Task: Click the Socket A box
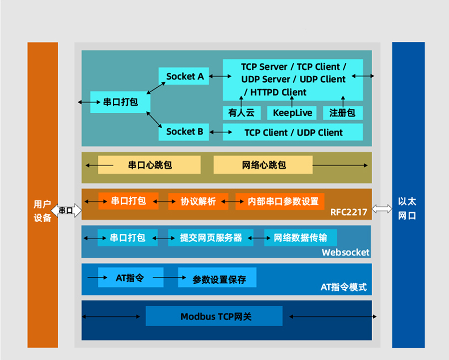185,76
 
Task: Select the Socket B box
184,132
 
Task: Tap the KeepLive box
292,113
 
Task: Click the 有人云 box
241,113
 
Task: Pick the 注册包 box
342,113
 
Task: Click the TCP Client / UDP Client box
293,133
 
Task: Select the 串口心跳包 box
150,165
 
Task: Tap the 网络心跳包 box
263,165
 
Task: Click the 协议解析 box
198,201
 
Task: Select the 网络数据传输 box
300,238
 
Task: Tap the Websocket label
345,252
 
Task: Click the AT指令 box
131,278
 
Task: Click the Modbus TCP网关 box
215,317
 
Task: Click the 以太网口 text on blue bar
408,209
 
